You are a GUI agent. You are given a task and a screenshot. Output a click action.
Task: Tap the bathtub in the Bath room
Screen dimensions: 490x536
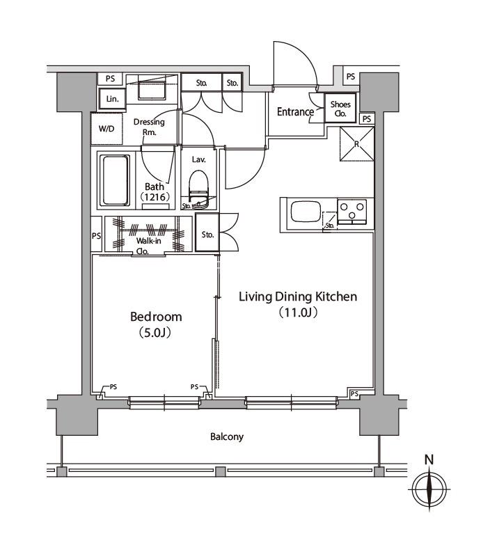pyautogui.click(x=116, y=180)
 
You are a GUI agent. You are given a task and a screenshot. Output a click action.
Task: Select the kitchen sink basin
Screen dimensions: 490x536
pyautogui.click(x=305, y=211)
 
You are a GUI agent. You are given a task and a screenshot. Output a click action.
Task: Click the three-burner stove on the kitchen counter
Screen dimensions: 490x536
pyautogui.click(x=351, y=212)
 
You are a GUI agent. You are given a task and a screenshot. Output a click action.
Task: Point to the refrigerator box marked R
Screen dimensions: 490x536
pyautogui.click(x=357, y=143)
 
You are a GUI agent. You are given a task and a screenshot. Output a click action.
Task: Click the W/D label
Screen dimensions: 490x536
pyautogui.click(x=106, y=129)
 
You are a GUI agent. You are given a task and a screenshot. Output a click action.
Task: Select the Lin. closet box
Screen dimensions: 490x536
pyautogui.click(x=113, y=99)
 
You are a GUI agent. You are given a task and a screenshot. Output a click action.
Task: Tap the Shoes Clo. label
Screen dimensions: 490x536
pyautogui.click(x=340, y=109)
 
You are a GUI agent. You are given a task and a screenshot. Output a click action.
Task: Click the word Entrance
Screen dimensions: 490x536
pyautogui.click(x=295, y=112)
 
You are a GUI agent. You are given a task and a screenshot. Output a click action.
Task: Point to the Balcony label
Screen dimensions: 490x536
pyautogui.click(x=227, y=437)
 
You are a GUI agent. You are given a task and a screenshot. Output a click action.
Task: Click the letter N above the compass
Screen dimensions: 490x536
pyautogui.click(x=429, y=459)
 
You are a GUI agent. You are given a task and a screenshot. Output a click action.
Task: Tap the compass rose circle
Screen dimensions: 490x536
pyautogui.click(x=429, y=489)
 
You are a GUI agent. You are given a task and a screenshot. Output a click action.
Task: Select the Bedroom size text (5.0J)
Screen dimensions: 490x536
pyautogui.click(x=155, y=333)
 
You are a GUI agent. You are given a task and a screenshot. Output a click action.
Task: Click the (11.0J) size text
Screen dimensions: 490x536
pyautogui.click(x=298, y=313)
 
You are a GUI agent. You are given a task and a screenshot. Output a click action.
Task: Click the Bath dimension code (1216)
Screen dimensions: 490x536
pyautogui.click(x=155, y=197)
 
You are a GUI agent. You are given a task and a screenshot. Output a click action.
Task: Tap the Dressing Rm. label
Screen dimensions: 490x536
pyautogui.click(x=149, y=127)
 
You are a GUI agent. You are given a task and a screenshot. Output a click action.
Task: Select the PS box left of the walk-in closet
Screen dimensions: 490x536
pyautogui.click(x=96, y=235)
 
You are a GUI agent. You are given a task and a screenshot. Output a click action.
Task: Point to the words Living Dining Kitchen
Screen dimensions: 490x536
pyautogui.click(x=298, y=297)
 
